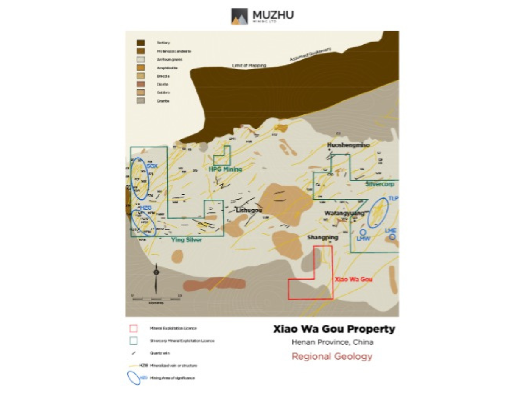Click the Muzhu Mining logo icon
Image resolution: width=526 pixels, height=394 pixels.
tap(239, 16)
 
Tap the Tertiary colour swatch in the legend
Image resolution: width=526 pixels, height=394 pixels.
tap(140, 43)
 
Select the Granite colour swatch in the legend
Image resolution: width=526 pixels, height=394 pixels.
tap(140, 100)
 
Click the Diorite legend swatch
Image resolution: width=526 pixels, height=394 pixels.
tap(140, 84)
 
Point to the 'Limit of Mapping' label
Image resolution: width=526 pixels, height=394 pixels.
tap(249, 66)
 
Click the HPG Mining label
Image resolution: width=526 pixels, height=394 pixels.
tap(225, 169)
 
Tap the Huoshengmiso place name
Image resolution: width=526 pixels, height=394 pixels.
tap(348, 145)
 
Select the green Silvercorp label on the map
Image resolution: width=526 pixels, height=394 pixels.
tap(380, 184)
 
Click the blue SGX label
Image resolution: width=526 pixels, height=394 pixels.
tap(152, 166)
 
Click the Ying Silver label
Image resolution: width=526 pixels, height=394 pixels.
tap(187, 240)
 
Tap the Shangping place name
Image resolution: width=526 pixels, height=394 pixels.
tap(322, 238)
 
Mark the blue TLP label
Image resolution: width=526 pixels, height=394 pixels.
tap(393, 199)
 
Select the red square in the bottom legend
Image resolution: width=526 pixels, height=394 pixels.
tap(133, 328)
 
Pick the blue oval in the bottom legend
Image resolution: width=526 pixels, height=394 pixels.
tap(134, 378)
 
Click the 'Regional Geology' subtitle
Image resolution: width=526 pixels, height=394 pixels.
tap(332, 356)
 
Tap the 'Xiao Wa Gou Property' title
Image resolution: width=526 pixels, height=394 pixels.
tap(334, 329)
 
